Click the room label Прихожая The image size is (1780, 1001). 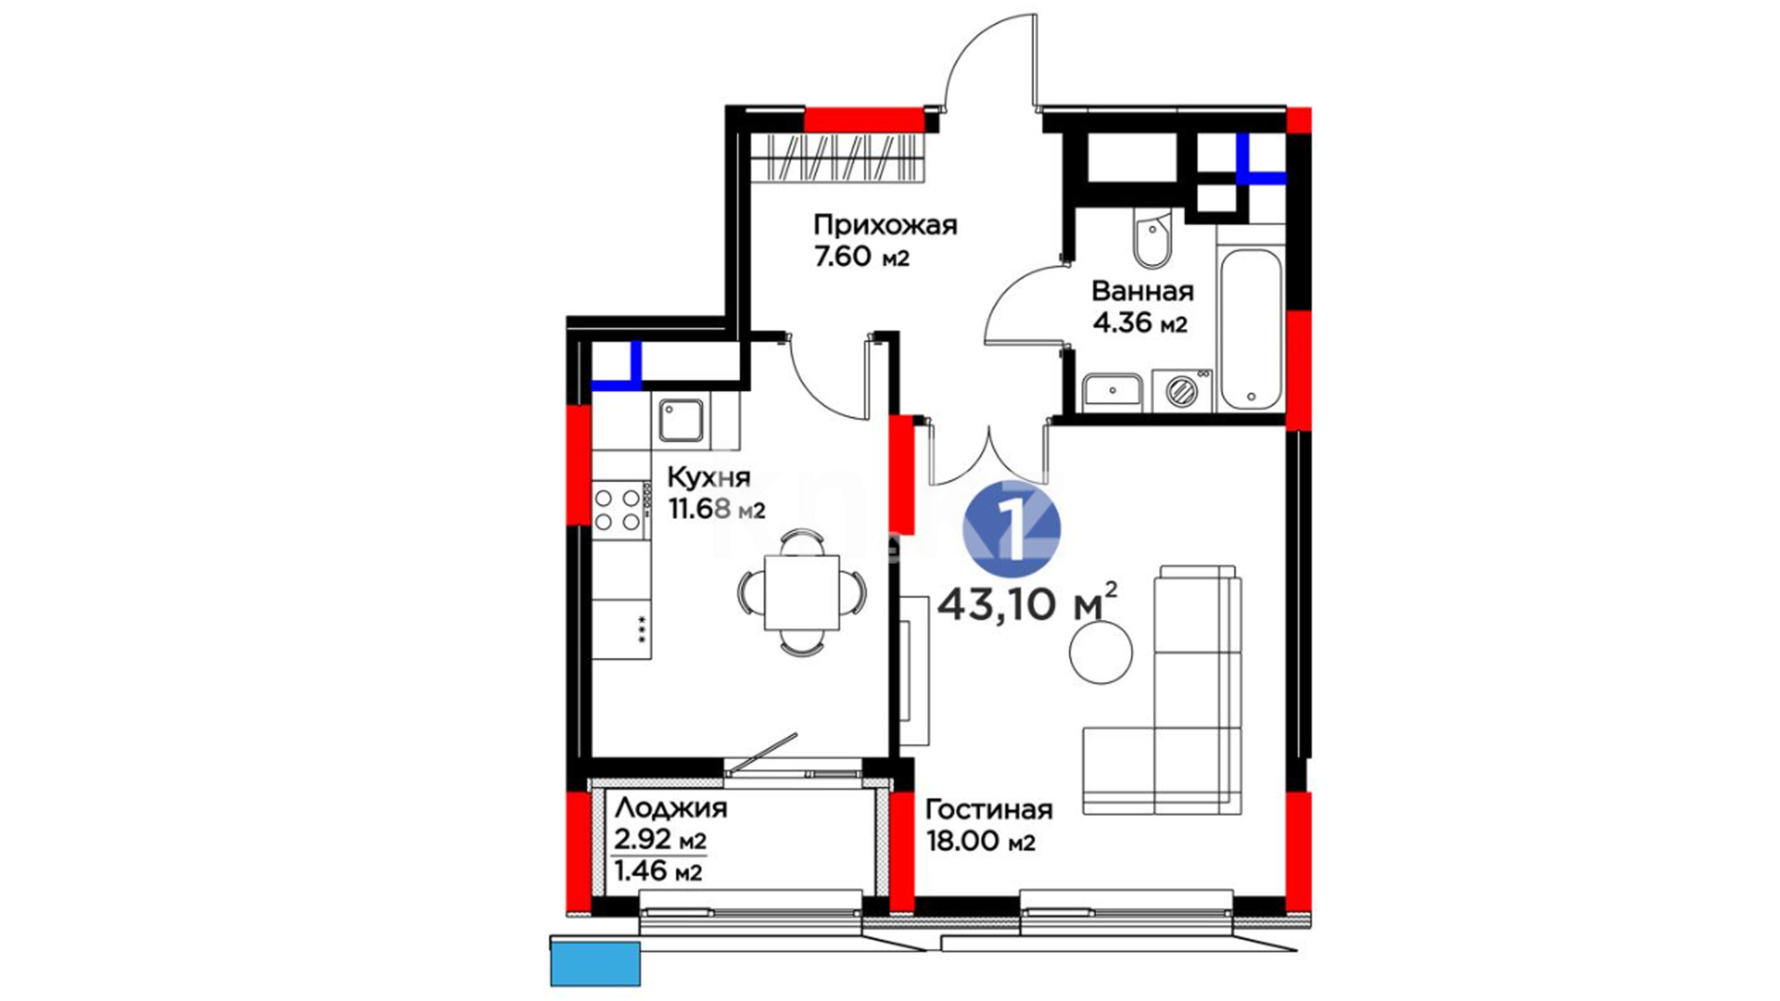click(x=884, y=225)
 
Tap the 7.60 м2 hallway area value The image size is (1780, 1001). click(x=861, y=257)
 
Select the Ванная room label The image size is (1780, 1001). click(x=1142, y=291)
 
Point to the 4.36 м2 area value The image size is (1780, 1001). click(x=1139, y=323)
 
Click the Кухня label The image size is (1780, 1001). click(x=708, y=478)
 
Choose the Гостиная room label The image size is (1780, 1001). click(x=989, y=809)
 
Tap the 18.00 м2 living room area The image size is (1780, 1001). click(x=980, y=842)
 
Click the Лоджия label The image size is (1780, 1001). click(x=670, y=808)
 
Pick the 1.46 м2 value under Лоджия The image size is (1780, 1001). click(x=658, y=871)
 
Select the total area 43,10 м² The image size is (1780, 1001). click(x=1027, y=604)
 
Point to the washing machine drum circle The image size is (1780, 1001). click(x=1182, y=391)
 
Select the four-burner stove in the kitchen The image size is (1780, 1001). click(x=619, y=510)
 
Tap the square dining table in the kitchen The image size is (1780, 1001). click(x=802, y=593)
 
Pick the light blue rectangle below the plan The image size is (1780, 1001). click(x=595, y=964)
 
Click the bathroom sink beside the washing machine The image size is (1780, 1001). click(x=1113, y=391)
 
